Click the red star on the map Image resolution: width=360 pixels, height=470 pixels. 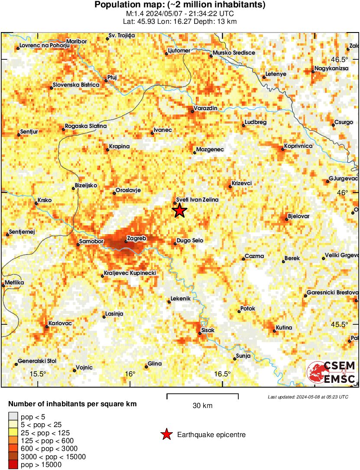179,211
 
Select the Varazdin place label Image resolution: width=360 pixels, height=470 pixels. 205,108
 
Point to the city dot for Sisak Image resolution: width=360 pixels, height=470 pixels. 200,333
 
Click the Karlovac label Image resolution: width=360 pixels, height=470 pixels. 60,323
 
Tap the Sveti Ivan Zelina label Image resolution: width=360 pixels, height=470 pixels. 198,199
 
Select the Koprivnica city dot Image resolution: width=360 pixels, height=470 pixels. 282,149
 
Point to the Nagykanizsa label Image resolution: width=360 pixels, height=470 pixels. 331,68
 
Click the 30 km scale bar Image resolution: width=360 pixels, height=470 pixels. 202,395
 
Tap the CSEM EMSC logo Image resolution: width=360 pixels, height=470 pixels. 331,372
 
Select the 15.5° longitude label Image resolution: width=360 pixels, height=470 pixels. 38,374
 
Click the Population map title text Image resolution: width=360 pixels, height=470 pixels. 180,5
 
